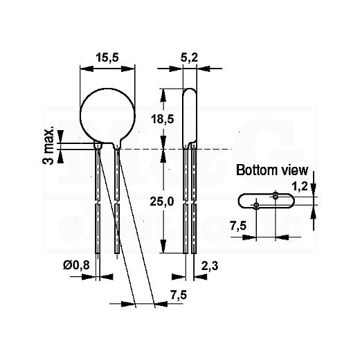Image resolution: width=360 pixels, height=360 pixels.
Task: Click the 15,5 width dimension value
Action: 107,57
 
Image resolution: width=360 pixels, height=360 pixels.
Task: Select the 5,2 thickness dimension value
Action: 189,57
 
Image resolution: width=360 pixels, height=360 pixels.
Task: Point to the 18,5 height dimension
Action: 162,119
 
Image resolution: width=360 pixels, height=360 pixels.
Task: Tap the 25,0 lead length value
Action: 161,201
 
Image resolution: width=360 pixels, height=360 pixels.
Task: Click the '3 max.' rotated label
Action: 48,145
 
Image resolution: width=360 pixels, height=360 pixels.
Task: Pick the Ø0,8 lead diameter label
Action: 76,266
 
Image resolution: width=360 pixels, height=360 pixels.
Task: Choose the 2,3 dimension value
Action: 210,266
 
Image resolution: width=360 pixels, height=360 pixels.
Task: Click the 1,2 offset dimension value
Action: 300,186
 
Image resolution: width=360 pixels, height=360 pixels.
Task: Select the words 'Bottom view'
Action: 272,170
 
